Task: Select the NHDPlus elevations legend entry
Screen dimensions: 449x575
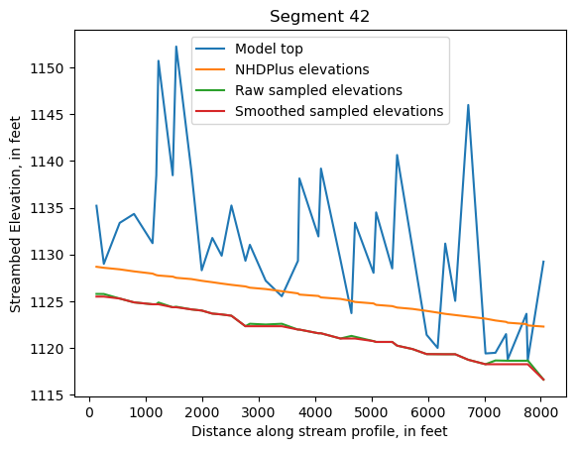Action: point(301,69)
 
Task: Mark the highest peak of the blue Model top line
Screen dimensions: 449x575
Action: point(176,47)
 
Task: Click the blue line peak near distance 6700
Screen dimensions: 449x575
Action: point(468,105)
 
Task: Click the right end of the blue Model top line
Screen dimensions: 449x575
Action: point(543,262)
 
